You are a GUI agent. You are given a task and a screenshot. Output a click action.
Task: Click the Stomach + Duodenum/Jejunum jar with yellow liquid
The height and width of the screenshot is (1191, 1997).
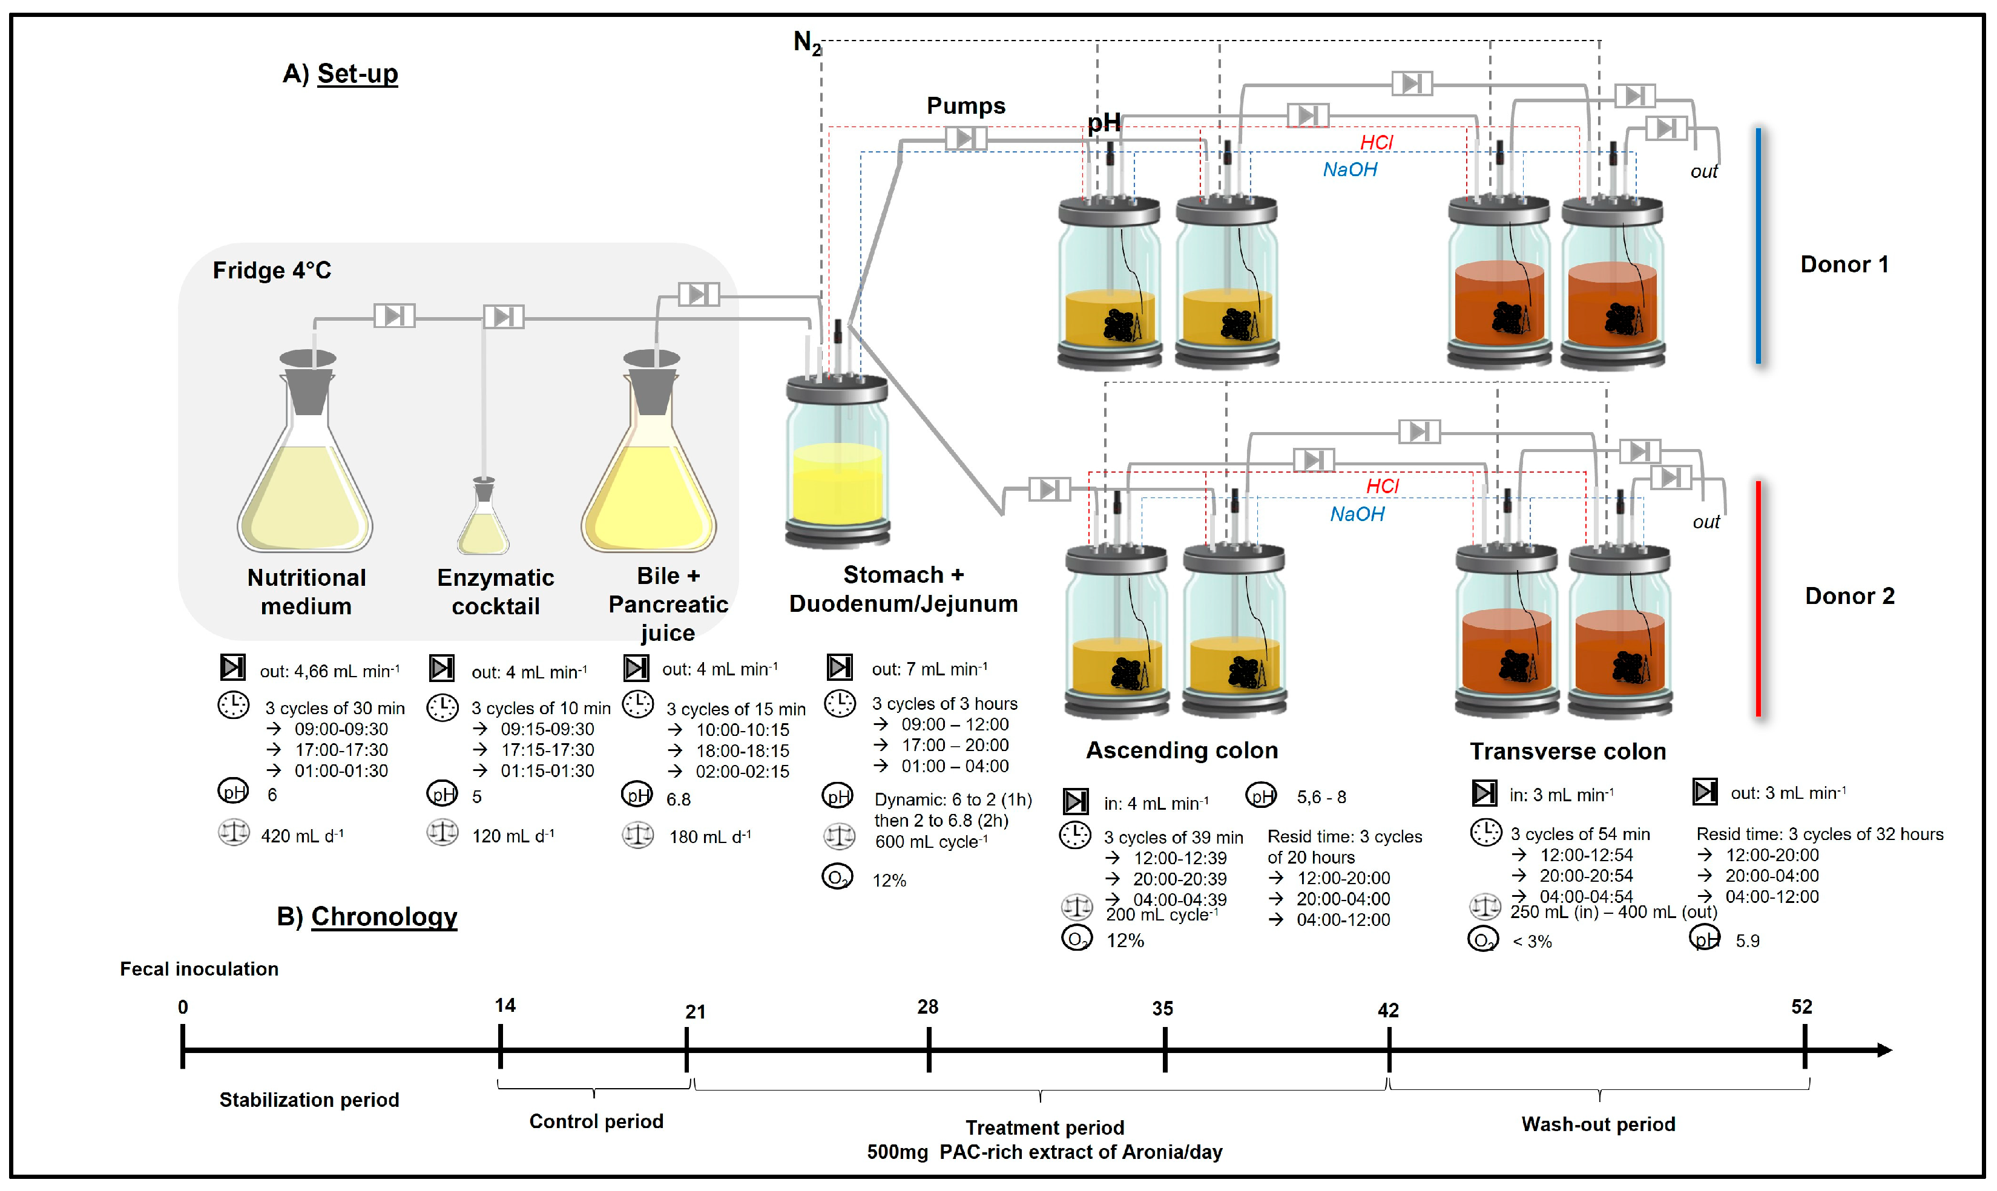click(x=837, y=465)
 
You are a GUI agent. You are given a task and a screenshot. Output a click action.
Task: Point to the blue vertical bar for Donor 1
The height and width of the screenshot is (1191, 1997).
click(x=1758, y=244)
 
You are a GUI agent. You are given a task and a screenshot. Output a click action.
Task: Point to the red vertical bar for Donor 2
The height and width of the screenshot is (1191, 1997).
click(x=1758, y=598)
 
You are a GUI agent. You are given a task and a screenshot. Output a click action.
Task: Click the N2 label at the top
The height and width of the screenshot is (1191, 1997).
click(x=807, y=42)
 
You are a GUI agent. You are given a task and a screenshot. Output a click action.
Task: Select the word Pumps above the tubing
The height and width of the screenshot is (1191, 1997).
click(x=966, y=106)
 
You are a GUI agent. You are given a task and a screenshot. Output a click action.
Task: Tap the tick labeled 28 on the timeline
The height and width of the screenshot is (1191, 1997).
click(x=929, y=1049)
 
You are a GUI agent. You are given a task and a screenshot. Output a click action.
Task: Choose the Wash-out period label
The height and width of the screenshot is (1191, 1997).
click(x=1597, y=1124)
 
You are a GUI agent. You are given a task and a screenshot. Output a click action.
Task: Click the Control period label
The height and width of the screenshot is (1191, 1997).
click(x=596, y=1121)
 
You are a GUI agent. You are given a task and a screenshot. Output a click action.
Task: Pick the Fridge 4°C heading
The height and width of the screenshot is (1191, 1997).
click(x=271, y=271)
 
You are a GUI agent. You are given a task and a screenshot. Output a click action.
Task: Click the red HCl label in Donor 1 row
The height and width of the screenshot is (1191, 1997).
click(x=1377, y=142)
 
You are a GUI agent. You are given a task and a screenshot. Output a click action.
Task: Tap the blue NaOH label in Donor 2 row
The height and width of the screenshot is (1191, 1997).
click(x=1357, y=514)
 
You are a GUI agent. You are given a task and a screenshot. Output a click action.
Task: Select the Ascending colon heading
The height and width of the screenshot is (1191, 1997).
click(x=1182, y=750)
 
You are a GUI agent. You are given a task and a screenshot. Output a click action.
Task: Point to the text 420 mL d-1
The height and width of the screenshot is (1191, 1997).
click(x=302, y=836)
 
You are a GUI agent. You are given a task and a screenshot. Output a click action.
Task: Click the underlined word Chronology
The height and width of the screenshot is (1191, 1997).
click(x=384, y=916)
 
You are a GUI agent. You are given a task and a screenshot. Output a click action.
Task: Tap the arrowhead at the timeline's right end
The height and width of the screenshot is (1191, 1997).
click(x=1884, y=1049)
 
